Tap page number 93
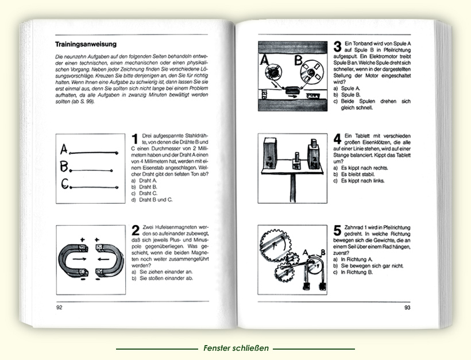click(x=408, y=308)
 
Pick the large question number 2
click(x=134, y=231)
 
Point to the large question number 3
click(x=337, y=47)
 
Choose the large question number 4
click(x=338, y=139)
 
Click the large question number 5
click(x=338, y=231)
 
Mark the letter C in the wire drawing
click(x=65, y=185)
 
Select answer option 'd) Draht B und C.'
click(x=152, y=200)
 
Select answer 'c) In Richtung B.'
click(x=357, y=272)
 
